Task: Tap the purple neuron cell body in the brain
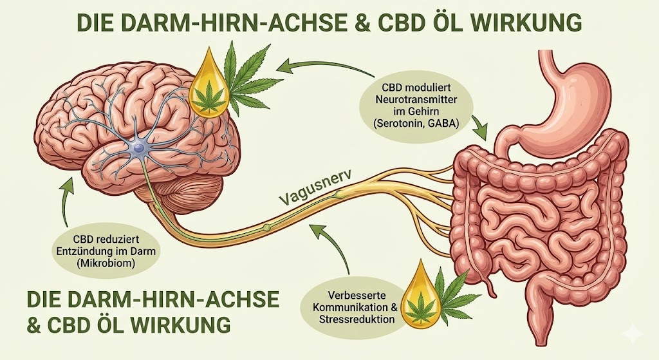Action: tap(138, 148)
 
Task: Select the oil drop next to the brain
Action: tap(209, 89)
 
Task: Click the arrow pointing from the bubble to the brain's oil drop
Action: tap(309, 64)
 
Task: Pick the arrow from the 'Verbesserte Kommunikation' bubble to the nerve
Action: tap(331, 245)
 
